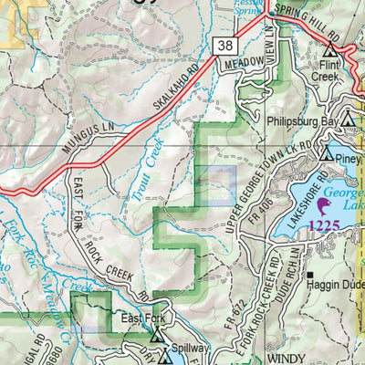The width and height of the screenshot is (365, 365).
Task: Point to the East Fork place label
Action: point(142,319)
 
